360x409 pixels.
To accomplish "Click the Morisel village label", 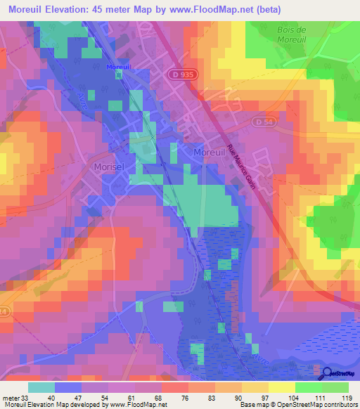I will (110, 167).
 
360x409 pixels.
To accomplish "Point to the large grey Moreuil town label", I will (210, 152).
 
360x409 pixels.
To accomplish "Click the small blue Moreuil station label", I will (119, 67).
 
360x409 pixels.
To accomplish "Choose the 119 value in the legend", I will (346, 398).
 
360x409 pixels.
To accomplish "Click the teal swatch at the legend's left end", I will (41, 387).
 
